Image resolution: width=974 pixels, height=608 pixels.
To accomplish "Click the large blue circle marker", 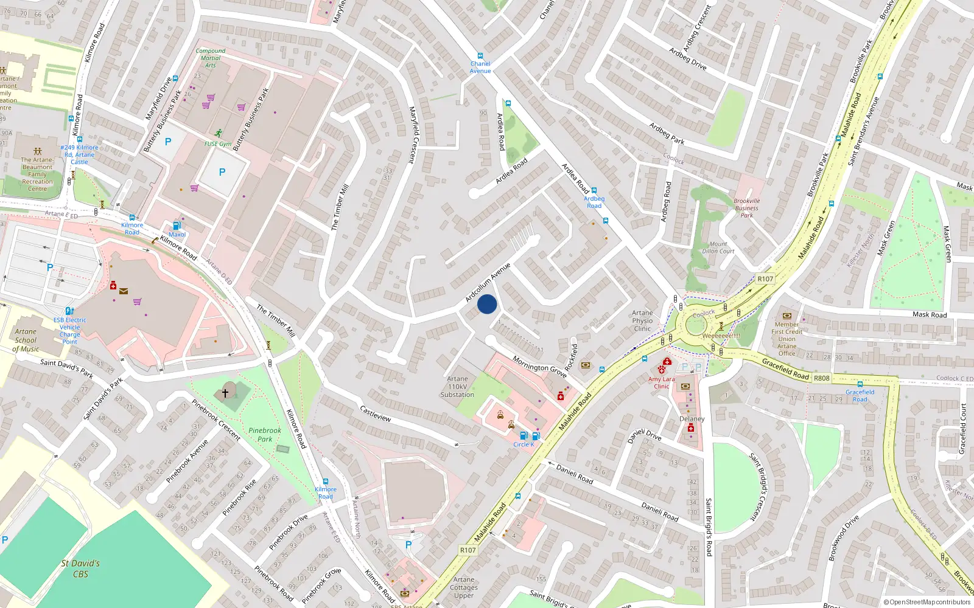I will pos(487,304).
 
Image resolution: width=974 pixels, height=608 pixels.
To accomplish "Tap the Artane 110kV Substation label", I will pos(457,387).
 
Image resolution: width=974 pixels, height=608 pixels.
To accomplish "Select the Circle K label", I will pos(524,444).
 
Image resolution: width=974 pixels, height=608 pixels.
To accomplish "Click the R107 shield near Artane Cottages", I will pos(468,550).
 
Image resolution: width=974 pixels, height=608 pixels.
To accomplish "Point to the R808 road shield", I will pos(821,378).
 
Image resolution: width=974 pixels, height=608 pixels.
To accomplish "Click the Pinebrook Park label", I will pos(265,435).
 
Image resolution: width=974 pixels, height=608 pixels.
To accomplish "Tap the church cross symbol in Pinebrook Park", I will pos(225,393).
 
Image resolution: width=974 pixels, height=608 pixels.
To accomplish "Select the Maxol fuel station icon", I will pos(177,226).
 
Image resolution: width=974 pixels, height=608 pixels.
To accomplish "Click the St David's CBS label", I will pos(80,568).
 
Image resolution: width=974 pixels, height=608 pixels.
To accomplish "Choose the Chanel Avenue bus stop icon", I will pos(480,55).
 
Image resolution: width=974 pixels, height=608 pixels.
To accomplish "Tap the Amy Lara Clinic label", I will pos(661,382).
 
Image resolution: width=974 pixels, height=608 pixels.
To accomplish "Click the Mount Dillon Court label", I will pos(718,247).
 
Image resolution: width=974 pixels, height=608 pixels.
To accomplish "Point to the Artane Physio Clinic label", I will pos(642,320).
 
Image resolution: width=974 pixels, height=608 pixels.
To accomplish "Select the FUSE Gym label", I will pos(217,144).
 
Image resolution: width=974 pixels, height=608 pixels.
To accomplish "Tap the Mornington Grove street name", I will pos(539,367).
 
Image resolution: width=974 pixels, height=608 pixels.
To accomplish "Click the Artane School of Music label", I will pos(26,340).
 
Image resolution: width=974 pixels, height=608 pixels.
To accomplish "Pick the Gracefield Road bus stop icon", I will pos(860,384).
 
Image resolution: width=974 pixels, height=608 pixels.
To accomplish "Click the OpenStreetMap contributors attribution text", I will pos(927,602).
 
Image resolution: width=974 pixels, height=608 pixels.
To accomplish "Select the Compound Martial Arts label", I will pos(211,58).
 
